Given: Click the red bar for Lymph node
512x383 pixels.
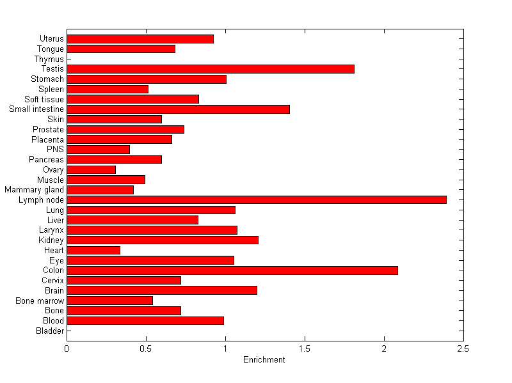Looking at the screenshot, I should coord(256,199).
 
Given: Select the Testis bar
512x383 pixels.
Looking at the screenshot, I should coord(210,69).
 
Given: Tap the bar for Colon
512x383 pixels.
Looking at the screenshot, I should coord(232,270).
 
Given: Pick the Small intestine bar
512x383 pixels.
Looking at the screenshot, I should coord(178,109).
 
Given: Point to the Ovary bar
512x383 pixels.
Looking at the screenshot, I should coord(91,169).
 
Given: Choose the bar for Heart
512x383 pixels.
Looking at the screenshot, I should coord(93,250).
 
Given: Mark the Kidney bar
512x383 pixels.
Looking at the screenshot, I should coord(163,240).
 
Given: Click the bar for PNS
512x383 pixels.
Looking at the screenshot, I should coord(98,150).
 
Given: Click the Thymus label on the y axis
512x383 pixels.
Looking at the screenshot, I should coord(49,59).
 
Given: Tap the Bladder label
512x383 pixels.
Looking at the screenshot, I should coord(50,331).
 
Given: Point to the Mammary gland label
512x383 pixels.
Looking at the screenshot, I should coord(34,190).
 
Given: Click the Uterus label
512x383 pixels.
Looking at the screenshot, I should coord(51,39).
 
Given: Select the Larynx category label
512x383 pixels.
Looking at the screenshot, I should coord(51,230).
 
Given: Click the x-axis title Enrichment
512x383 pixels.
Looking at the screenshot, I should coord(264,360).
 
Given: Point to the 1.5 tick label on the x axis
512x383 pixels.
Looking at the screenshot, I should coord(305,348).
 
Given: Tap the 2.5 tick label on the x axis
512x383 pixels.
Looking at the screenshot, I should coord(463,348).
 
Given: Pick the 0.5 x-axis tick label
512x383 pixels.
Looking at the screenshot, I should coord(146,348).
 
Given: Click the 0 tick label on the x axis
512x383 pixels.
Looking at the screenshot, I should coord(67,348).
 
